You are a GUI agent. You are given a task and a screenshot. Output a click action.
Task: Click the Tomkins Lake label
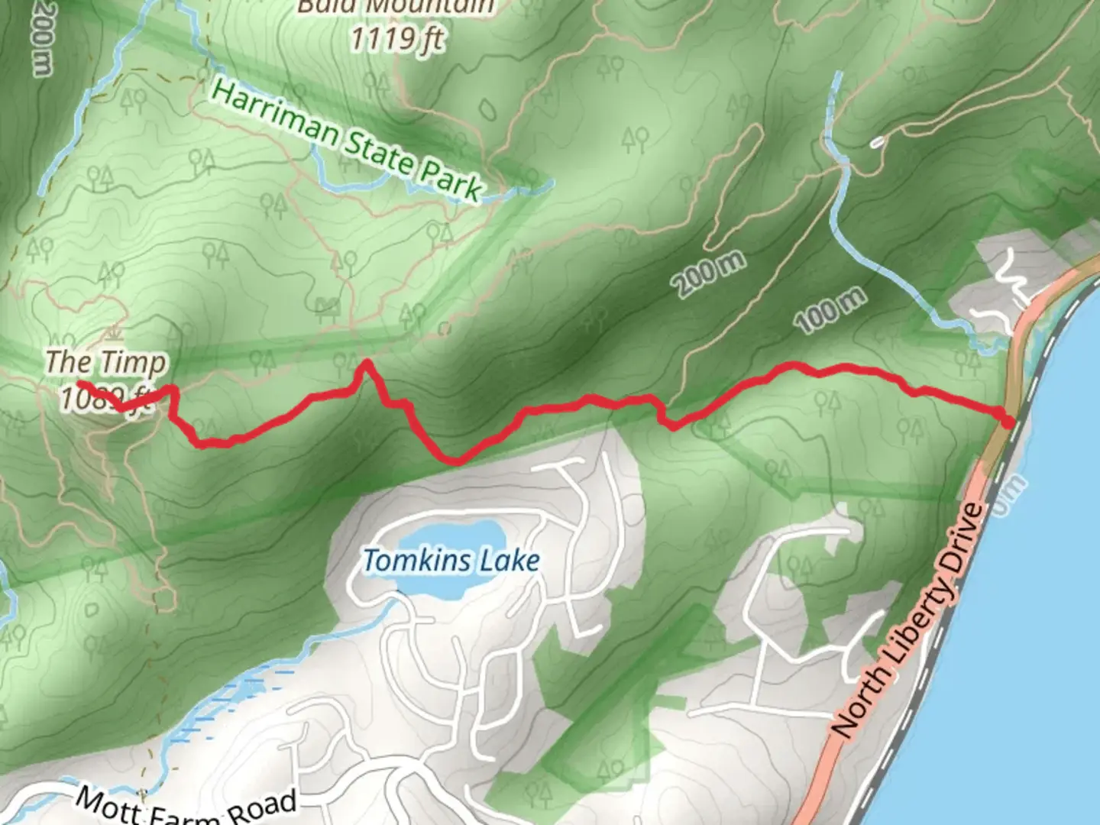(451, 561)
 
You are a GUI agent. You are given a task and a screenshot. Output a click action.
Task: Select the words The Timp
(105, 362)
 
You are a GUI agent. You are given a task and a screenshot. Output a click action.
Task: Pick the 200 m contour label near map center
(708, 273)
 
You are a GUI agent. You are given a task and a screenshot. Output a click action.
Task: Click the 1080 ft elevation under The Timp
(105, 397)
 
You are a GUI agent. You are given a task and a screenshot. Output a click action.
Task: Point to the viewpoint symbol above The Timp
(115, 334)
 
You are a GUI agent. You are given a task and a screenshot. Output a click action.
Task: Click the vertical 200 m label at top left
(42, 38)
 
